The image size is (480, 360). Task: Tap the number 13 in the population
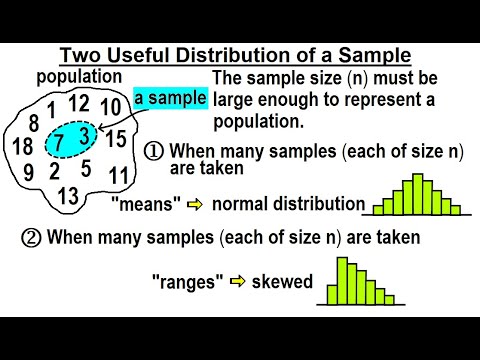coord(67,194)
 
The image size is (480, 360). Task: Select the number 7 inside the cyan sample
coord(60,143)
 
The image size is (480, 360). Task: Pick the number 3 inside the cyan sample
coord(86,134)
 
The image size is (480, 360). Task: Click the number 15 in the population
coord(116,138)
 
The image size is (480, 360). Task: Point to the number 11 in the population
coord(118,176)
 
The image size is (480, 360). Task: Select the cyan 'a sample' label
coord(171,97)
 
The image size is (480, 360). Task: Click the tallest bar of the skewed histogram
coord(342,280)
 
